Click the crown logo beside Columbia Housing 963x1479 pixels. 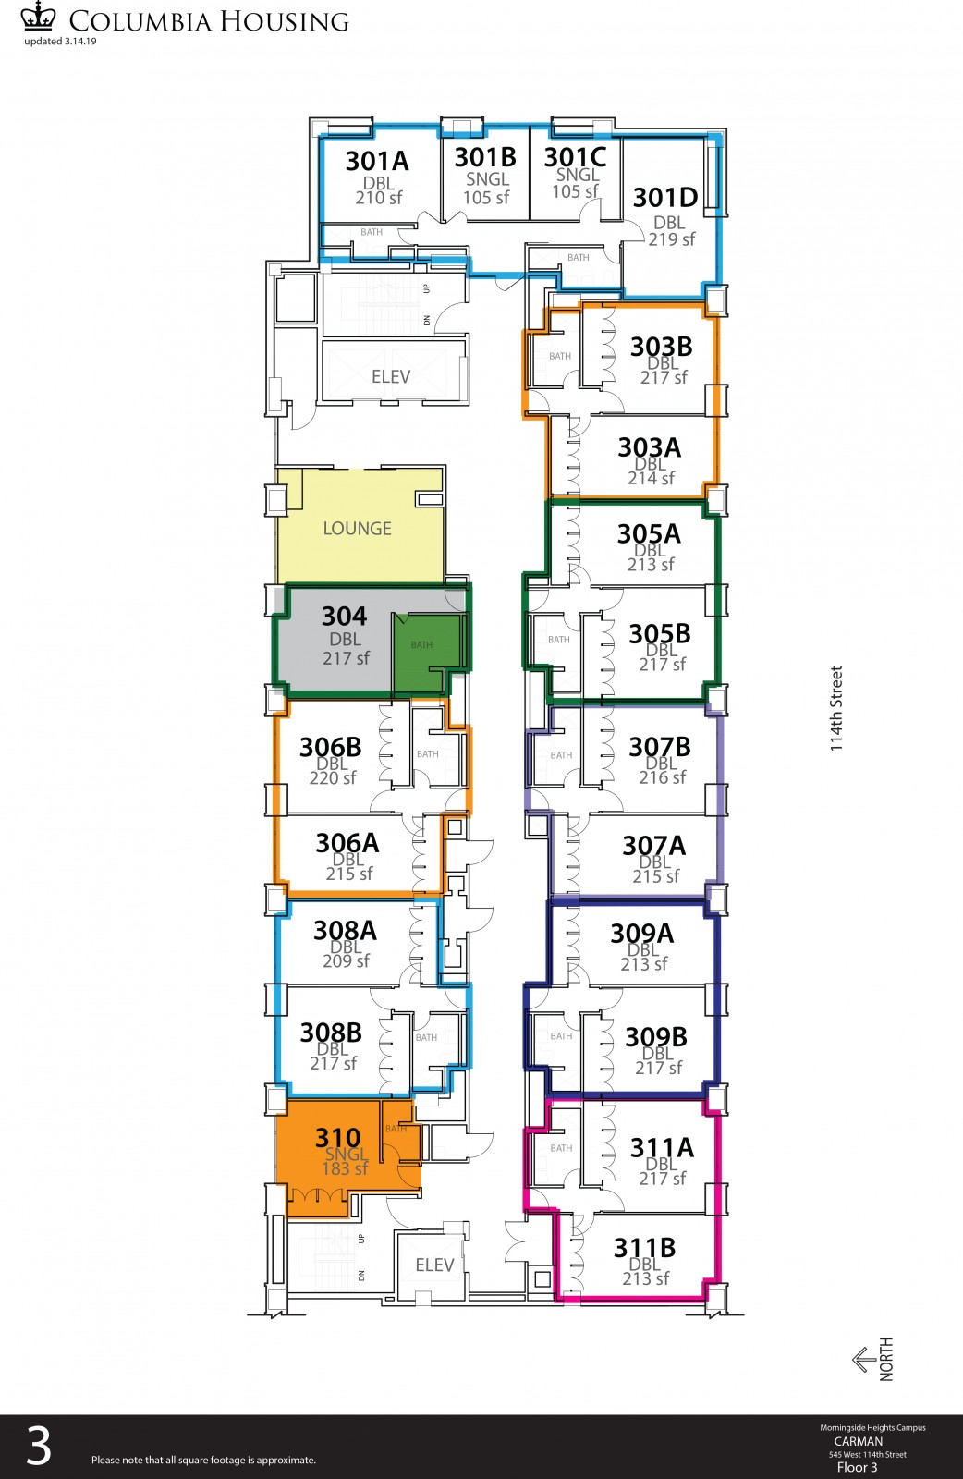38,16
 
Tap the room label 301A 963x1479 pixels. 377,161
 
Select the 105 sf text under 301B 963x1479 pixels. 486,198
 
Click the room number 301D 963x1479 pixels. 664,198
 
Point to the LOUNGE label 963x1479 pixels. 357,528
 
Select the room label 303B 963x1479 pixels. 661,347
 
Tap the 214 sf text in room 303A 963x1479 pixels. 651,478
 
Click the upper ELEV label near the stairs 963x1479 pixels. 391,376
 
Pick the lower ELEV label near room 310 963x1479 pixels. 434,1265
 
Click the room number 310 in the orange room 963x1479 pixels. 338,1138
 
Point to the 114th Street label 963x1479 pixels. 836,708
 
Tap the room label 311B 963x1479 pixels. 644,1248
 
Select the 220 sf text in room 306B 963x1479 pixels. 333,777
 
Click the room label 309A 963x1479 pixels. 641,934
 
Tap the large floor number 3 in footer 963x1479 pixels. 38,1446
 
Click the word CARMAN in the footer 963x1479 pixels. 858,1441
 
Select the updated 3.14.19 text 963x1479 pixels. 60,41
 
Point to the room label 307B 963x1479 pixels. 659,747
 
